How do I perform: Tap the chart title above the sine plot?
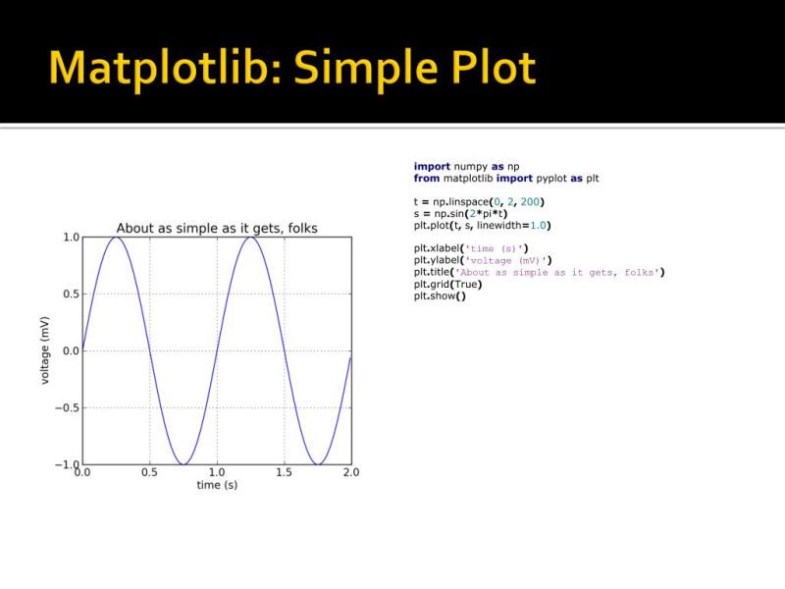coord(217,229)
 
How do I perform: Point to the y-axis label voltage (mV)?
coord(45,350)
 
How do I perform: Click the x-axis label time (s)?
coord(217,485)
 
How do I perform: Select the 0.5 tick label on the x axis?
coord(149,472)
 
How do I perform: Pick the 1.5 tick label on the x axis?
coord(284,472)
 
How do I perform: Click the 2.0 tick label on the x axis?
coord(350,472)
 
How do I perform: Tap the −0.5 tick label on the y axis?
coord(65,407)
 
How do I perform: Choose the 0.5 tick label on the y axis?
coord(70,294)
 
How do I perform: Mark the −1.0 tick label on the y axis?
coord(65,463)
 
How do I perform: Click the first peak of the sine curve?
coord(116,238)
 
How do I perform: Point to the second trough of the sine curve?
coord(317,463)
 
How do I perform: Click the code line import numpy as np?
coord(466,167)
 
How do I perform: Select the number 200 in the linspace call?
coord(531,202)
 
